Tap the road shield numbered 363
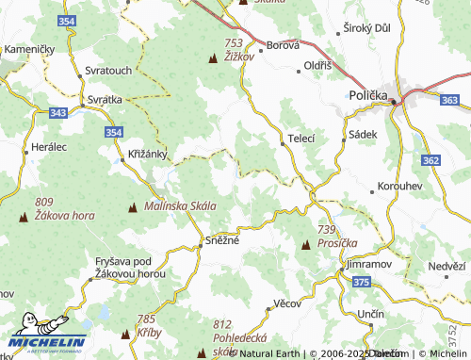450,99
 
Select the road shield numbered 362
430,161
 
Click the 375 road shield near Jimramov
361,281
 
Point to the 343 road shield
58,113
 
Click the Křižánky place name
146,153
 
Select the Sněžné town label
222,241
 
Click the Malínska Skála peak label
180,205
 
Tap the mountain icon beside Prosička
305,244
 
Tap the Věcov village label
285,303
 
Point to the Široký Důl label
370,29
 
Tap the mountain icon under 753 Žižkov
211,58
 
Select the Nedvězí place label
447,266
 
